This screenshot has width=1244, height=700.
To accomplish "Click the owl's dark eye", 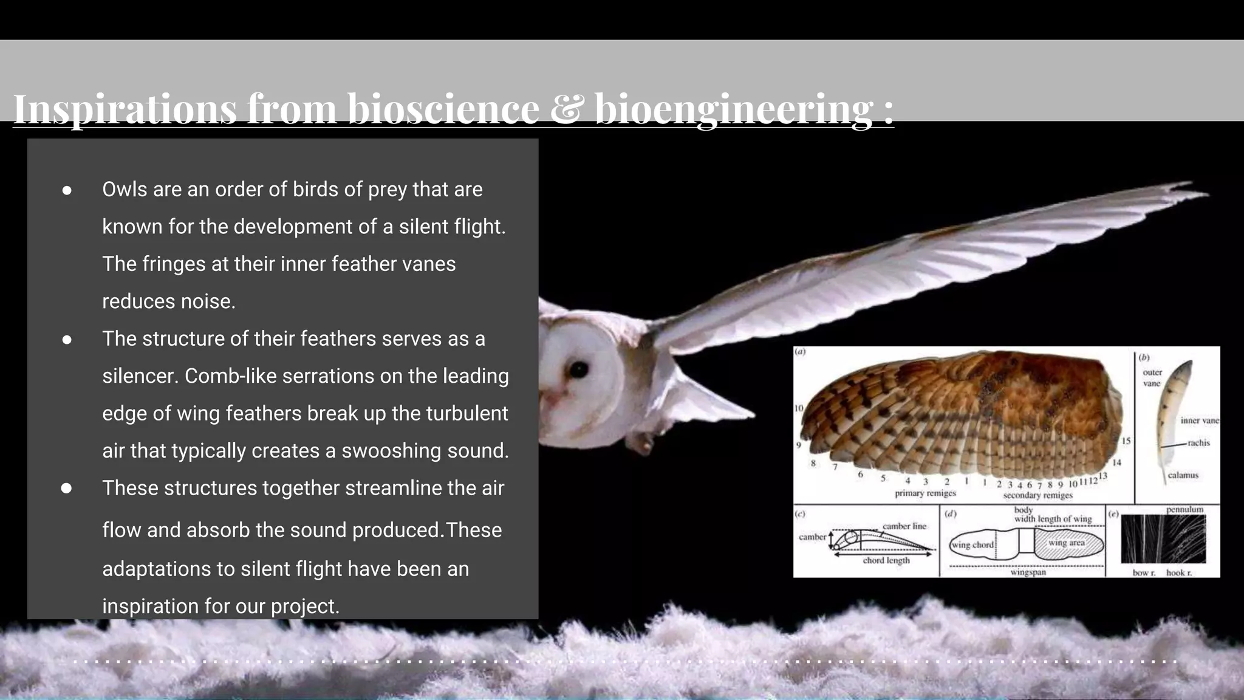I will (579, 369).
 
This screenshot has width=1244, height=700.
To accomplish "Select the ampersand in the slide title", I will (566, 109).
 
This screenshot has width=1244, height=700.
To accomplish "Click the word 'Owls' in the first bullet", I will (125, 190).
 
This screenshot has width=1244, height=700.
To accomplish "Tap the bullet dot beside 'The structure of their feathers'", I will (67, 340).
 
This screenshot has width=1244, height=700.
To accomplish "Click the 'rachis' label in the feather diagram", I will (1198, 443).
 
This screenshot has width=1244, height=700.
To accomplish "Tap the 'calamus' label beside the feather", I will (1183, 475).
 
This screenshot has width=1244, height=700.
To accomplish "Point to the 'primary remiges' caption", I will (925, 493).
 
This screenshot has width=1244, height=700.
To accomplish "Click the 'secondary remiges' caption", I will (1037, 495).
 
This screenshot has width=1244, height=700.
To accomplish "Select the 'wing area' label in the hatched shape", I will (1066, 543).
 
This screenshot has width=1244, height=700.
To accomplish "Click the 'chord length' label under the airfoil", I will (886, 560).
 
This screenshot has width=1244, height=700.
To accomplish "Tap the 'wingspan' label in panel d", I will (1028, 572).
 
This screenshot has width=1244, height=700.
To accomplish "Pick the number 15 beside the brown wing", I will (1126, 441).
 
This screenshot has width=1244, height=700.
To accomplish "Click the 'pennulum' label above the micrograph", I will (1184, 509).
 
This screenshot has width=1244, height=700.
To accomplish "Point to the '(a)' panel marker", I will (801, 352).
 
